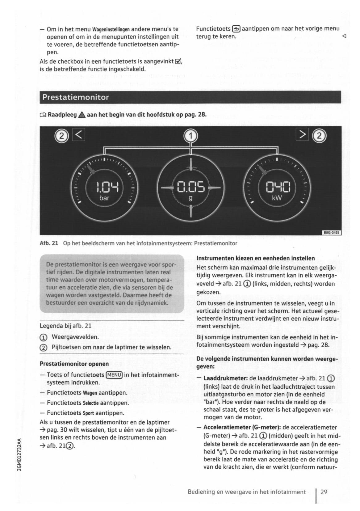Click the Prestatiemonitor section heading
[x=75, y=97]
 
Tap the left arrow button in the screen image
[x=78, y=135]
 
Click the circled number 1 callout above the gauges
[x=190, y=136]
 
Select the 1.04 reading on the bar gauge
[x=104, y=187]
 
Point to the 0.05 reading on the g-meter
[x=190, y=187]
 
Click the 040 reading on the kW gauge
[x=277, y=187]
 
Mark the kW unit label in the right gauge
[x=277, y=198]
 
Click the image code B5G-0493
[x=332, y=232]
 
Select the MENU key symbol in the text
[x=114, y=375]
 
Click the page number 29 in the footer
[x=324, y=492]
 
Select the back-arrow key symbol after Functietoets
[x=236, y=29]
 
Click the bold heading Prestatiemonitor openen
[x=74, y=364]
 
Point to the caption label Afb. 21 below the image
[x=49, y=243]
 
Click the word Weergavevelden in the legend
[x=75, y=337]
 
